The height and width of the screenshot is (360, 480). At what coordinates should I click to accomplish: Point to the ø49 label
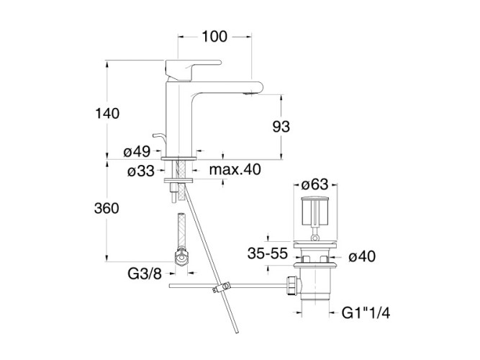tap(136, 151)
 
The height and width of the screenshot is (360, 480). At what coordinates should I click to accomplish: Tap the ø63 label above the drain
tap(314, 185)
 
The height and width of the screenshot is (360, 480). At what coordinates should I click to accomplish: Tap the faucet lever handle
tap(186, 70)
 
